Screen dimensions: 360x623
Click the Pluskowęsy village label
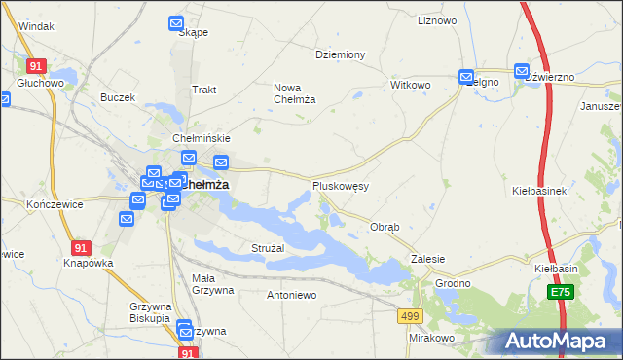point(340,185)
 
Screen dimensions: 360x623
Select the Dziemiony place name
point(340,54)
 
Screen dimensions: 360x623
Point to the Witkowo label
point(410,85)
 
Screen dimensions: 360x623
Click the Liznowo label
point(436,20)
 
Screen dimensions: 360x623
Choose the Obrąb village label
point(385,227)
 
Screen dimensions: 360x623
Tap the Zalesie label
point(427,259)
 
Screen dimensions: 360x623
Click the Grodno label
point(453,283)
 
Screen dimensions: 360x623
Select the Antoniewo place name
point(292,294)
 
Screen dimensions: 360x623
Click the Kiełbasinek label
point(539,191)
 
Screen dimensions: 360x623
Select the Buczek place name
point(117,97)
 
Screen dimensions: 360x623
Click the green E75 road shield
point(560,292)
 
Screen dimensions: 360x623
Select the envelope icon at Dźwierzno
point(522,71)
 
